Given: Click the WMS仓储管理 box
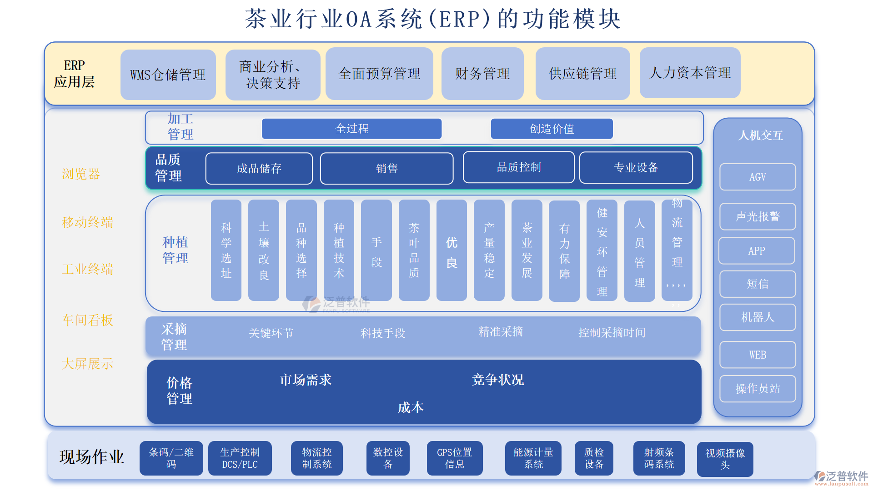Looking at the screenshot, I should click(168, 75).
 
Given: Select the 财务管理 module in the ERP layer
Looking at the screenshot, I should click(482, 74).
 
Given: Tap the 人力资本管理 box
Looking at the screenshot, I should click(690, 73).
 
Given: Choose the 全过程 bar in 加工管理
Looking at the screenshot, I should click(351, 129).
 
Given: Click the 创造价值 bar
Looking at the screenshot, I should click(552, 129).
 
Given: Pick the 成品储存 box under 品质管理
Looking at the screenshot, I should click(259, 169).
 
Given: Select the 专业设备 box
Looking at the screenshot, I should click(636, 168).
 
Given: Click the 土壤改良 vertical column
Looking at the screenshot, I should click(264, 251).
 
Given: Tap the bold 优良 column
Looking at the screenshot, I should click(452, 251).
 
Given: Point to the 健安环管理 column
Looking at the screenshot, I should click(602, 251).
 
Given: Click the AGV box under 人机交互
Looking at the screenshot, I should click(758, 177).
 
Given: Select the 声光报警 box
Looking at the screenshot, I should click(758, 216).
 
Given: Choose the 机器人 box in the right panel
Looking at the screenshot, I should click(758, 317).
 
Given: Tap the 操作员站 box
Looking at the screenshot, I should click(758, 389).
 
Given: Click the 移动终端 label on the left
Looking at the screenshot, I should click(87, 222).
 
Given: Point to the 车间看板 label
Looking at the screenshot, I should click(87, 321).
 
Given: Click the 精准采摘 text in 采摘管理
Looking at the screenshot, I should click(501, 332).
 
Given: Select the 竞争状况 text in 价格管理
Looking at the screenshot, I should click(498, 380).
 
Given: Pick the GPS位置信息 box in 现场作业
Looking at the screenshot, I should click(455, 458).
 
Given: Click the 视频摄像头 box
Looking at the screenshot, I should click(725, 459).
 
